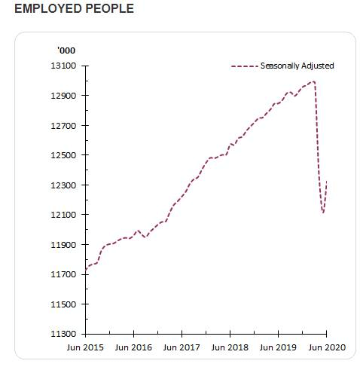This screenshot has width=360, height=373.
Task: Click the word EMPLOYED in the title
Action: pos(47,8)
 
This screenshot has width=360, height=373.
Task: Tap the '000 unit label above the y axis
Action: pos(66,50)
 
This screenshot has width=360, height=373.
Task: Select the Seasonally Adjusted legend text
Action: pos(297,66)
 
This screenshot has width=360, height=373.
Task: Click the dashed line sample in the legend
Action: pos(245,66)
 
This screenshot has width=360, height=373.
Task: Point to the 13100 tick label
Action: pos(63,66)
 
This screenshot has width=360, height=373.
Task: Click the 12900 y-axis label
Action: pos(63,96)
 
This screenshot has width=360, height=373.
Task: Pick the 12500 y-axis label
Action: pos(63,155)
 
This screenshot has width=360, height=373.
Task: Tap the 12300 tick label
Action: pos(63,185)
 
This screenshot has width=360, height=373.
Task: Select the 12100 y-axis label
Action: pos(63,215)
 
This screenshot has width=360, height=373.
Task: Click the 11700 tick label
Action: pos(63,274)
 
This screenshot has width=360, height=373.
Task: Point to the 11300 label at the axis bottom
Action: pos(63,334)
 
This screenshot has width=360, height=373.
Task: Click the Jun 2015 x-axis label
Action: pos(85,347)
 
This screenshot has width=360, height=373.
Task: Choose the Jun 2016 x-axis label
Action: pos(133,347)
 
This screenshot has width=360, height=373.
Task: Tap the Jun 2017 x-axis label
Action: pos(182,347)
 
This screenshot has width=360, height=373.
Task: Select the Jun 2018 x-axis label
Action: pos(230,347)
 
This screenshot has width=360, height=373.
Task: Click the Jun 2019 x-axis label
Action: pos(278,347)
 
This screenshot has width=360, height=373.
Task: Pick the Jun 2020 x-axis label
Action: pos(327,347)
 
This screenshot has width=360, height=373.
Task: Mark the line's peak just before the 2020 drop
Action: pos(313,81)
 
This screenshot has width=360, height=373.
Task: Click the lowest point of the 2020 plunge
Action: pos(323,213)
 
